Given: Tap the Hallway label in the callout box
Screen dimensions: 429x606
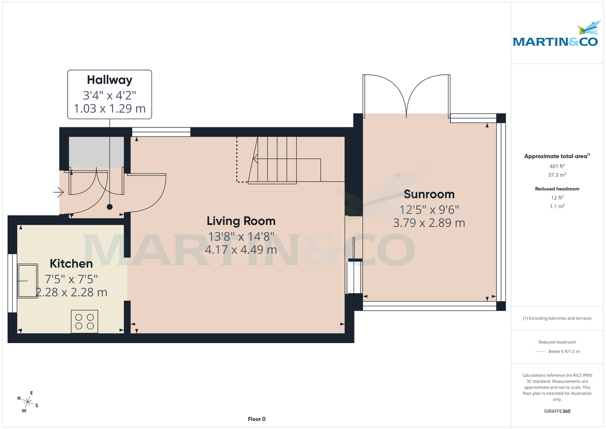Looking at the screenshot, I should click(x=110, y=80).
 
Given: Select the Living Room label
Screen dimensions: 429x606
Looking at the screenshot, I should click(x=241, y=221).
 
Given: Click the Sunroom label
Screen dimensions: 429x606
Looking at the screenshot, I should click(x=429, y=194).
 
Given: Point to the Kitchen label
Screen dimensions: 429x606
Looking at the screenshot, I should click(x=71, y=264).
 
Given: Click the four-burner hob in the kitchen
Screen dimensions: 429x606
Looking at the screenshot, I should click(x=84, y=321).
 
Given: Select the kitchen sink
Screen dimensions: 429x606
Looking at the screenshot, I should click(x=28, y=280).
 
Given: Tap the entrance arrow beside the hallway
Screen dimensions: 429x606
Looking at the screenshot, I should click(x=58, y=192).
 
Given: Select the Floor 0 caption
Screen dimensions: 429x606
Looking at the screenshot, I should click(x=257, y=419).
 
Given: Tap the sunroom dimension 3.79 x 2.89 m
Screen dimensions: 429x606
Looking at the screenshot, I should click(x=429, y=223).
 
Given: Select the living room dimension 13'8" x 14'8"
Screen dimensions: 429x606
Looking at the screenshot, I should click(x=241, y=236).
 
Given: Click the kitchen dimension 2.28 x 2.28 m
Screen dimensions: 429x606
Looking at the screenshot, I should click(x=71, y=293).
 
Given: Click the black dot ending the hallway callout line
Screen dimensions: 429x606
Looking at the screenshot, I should click(x=110, y=207).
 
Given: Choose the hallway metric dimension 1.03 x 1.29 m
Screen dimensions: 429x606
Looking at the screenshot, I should click(x=110, y=108).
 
